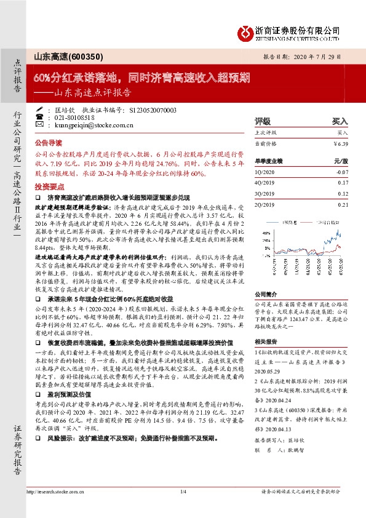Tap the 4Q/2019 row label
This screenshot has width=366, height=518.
pyautogui.click(x=265, y=183)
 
